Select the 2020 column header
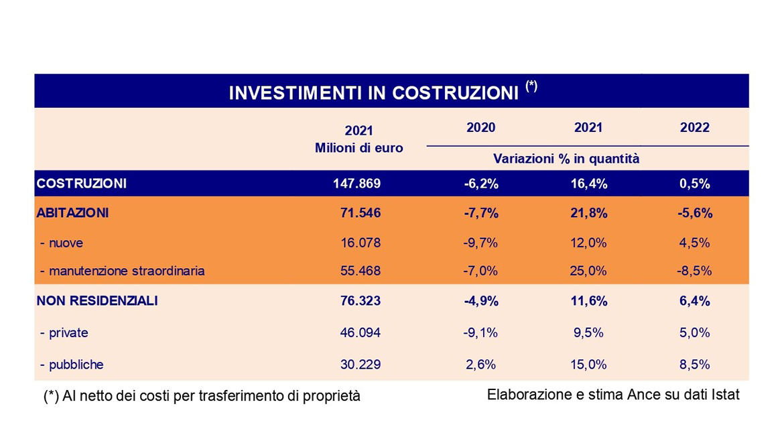pos(480,127)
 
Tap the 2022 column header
pos(694,127)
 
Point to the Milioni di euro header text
pos(359,148)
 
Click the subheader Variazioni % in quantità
pos(566,159)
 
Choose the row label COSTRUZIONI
pos(81,183)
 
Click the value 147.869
pos(356,184)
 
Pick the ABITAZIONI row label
pos(73,213)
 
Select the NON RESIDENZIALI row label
pos(97,301)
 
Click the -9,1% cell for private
pos(480,332)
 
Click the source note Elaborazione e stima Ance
pos(613,395)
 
